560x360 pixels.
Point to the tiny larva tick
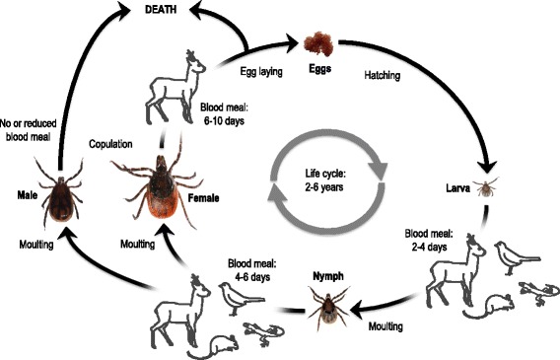pyautogui.click(x=483, y=186)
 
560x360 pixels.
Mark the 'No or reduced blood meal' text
pyautogui.click(x=29, y=123)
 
